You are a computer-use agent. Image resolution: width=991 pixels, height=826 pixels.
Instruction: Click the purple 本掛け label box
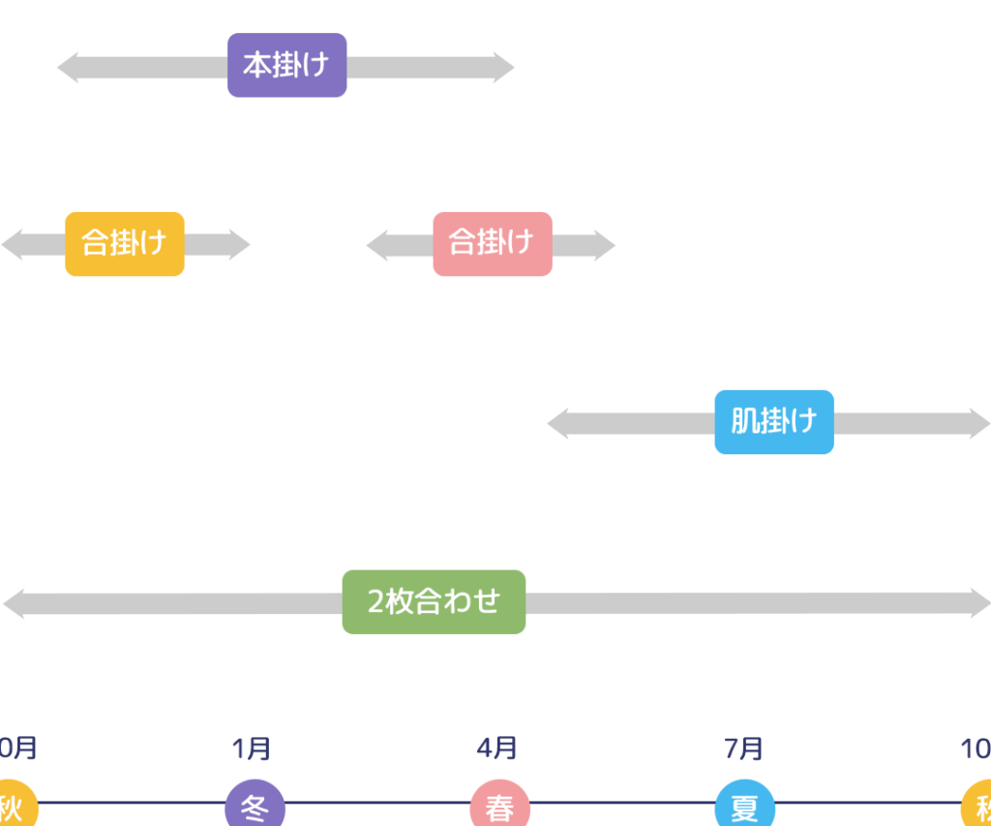coord(286,66)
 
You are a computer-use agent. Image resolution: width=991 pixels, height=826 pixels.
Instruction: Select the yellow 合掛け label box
coord(125,244)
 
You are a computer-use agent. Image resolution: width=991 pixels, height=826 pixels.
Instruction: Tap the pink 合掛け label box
coord(493,244)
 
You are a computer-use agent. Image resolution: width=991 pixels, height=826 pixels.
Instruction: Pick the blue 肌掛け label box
coord(774,422)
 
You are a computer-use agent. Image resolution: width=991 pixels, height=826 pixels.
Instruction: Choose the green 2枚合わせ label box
coord(434,602)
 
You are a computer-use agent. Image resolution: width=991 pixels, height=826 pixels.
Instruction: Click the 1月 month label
coord(252,749)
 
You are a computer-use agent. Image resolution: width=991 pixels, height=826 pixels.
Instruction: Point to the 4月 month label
coord(496,749)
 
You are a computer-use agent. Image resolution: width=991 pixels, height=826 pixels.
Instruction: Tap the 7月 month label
coord(743,749)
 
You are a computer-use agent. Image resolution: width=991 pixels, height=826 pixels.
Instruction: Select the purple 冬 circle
coord(255,806)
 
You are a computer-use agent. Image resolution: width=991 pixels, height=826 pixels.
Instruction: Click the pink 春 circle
coord(499,806)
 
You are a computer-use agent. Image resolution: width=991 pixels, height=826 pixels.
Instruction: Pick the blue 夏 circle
coord(744,806)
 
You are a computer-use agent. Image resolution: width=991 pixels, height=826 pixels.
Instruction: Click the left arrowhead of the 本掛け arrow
coord(68,68)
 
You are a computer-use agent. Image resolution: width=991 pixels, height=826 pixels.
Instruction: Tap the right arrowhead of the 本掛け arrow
coord(503,68)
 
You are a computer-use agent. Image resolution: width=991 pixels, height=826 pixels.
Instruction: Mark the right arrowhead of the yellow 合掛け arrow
coord(239,245)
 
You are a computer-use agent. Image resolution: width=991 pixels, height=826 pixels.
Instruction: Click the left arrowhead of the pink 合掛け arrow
coord(377,245)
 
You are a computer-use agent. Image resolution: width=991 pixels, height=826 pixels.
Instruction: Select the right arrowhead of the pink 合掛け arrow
coord(604,245)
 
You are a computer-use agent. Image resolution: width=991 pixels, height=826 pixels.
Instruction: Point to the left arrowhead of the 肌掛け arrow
coord(558,424)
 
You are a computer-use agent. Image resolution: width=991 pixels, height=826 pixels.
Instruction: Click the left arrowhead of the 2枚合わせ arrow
coord(15,603)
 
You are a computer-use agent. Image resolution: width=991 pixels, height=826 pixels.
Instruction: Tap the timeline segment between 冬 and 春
coord(377,803)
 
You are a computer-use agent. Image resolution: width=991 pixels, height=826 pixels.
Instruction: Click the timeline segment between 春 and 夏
coord(622,803)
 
